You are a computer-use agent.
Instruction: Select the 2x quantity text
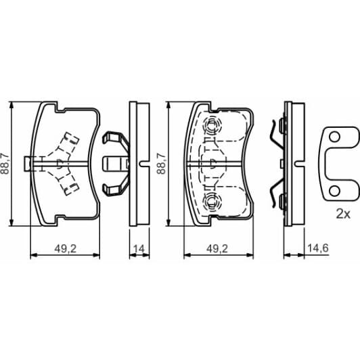pyautogui.click(x=342, y=214)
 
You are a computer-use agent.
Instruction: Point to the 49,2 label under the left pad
pyautogui.click(x=64, y=248)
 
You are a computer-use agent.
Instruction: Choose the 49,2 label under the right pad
pyautogui.click(x=217, y=248)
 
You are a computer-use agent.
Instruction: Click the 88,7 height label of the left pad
pyautogui.click(x=6, y=162)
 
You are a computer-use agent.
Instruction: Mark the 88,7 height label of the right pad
pyautogui.click(x=161, y=162)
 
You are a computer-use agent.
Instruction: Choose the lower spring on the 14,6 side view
pyautogui.click(x=275, y=195)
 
